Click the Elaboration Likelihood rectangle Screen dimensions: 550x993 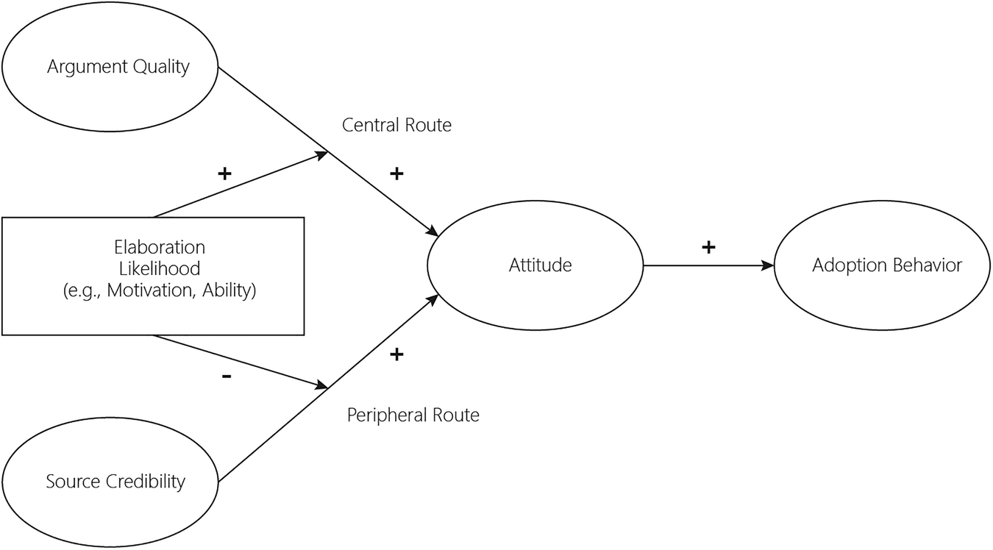[153, 276]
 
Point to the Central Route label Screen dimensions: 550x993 [396, 125]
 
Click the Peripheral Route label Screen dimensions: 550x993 [413, 415]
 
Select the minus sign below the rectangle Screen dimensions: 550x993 [226, 376]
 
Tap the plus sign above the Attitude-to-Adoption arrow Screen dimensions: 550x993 [708, 246]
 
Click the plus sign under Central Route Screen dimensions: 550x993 [396, 174]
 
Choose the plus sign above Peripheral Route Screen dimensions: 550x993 [396, 354]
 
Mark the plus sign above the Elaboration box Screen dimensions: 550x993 [224, 174]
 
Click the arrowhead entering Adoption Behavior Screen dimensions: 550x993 [769, 265]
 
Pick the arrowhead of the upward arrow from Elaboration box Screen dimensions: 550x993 [322, 154]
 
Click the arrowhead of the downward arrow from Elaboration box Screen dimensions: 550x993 [322, 385]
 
